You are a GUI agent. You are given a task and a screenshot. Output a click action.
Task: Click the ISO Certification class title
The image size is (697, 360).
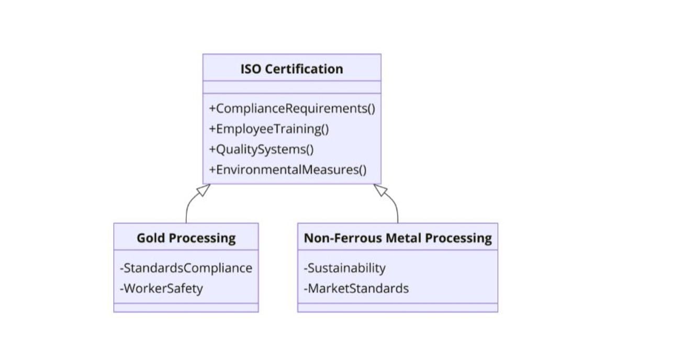pyautogui.click(x=291, y=69)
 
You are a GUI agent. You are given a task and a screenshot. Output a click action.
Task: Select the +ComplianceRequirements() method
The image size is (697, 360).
pyautogui.click(x=292, y=109)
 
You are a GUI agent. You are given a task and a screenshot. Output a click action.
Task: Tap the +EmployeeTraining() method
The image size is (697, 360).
pyautogui.click(x=269, y=129)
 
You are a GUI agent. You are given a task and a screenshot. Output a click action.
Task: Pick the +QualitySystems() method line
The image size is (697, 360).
pyautogui.click(x=261, y=149)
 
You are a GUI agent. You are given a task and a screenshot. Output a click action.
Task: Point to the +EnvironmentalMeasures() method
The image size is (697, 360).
pyautogui.click(x=288, y=170)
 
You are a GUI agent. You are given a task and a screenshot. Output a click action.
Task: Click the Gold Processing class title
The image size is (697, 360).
pyautogui.click(x=186, y=238)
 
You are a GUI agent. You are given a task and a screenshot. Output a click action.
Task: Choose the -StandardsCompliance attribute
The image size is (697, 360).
pyautogui.click(x=186, y=268)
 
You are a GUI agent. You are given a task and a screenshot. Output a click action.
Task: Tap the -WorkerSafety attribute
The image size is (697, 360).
pyautogui.click(x=161, y=288)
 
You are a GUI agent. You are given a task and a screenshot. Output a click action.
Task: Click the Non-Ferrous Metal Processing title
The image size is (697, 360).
pyautogui.click(x=398, y=238)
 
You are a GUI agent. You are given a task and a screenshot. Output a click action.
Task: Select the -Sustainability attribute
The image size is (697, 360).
pyautogui.click(x=344, y=268)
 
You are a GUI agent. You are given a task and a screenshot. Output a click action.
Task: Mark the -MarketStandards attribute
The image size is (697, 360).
pyautogui.click(x=356, y=288)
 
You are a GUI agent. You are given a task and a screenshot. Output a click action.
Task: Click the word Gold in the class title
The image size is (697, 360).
pyautogui.click(x=148, y=238)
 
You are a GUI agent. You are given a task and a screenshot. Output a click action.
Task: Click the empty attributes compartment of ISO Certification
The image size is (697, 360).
pyautogui.click(x=291, y=87)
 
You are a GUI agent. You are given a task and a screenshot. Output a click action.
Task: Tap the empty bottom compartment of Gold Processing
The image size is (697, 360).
pyautogui.click(x=186, y=308)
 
